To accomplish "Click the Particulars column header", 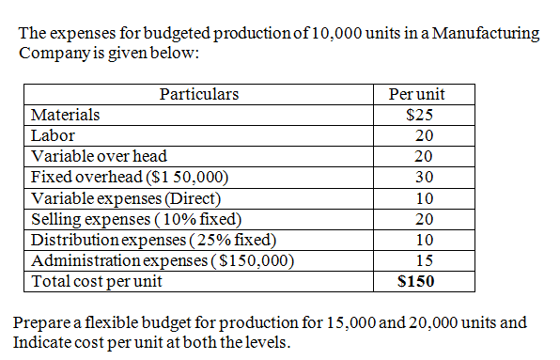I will coord(198,94).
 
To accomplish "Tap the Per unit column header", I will coord(423,94).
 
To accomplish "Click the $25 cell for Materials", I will coord(423,115).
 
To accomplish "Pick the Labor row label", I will coord(54,135).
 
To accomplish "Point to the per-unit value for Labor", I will coord(424,135).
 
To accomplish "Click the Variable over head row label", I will coord(100,156).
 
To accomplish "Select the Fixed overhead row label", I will coord(130,177).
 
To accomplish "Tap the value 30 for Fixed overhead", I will coord(424,177).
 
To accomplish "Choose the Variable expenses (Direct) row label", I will coord(126,198).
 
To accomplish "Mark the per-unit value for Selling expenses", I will coord(424,219).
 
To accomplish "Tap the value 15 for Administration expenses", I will coord(424,260).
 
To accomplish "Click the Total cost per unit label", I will coord(97,281).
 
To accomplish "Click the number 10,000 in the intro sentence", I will coord(325,33).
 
